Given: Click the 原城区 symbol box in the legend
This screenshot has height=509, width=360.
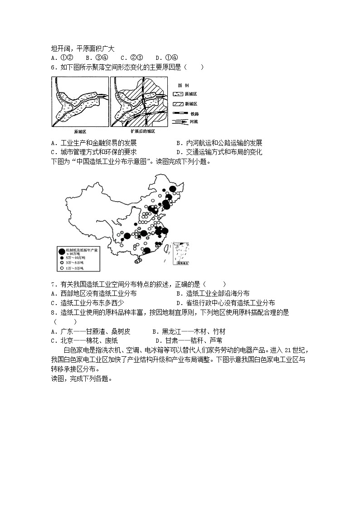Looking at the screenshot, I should tap(178, 94).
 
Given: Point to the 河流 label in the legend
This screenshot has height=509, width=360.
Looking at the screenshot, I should tap(194, 121).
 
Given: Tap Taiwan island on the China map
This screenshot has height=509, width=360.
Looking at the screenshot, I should tap(166, 247).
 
